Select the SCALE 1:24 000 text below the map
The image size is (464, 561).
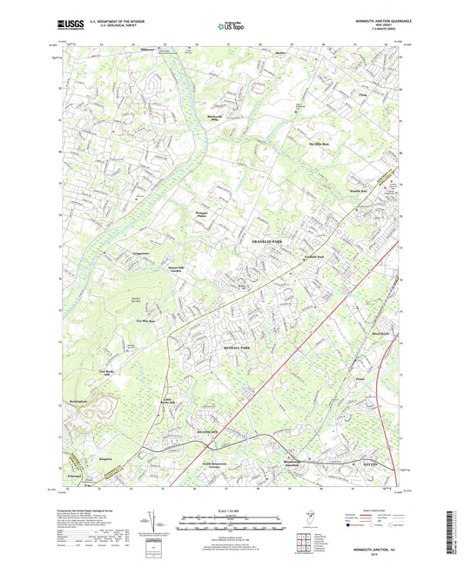232,510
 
